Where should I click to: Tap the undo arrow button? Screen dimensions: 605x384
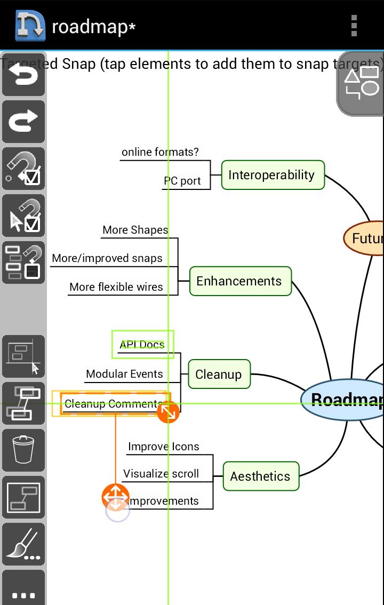[x=23, y=75]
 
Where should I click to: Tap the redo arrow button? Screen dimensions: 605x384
[x=23, y=122]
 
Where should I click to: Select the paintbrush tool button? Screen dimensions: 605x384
[x=23, y=544]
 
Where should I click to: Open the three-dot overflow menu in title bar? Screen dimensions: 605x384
[x=354, y=25]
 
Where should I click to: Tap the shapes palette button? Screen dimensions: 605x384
[x=362, y=84]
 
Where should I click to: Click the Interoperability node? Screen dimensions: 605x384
[x=272, y=175]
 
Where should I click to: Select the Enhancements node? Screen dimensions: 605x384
[x=240, y=281]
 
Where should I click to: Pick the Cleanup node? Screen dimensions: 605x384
[x=219, y=374]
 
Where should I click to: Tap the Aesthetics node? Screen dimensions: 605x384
[x=260, y=476]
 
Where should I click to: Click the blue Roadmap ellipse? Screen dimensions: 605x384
[x=344, y=400]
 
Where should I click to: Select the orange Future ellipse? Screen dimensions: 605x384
[x=365, y=238]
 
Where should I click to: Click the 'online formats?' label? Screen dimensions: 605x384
[x=160, y=152]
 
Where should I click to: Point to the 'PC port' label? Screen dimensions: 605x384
[x=182, y=181]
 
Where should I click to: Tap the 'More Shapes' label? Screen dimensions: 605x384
[x=135, y=230]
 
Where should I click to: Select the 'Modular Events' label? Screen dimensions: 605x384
[x=124, y=374]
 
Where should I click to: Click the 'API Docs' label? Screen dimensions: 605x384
[x=142, y=345]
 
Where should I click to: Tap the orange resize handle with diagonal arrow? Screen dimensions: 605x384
[x=168, y=412]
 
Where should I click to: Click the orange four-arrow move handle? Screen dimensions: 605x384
[x=115, y=497]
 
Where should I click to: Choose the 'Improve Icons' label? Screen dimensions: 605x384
[x=164, y=447]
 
